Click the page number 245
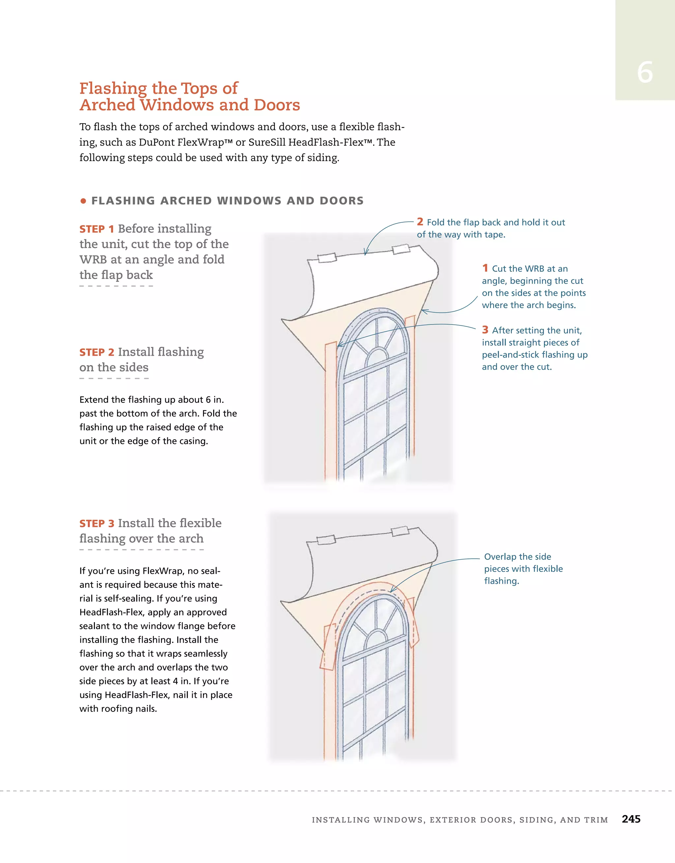631,819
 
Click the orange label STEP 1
97,229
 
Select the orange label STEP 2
97,352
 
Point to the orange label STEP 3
97,524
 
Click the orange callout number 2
420,222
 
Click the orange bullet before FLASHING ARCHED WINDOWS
83,201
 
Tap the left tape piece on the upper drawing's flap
327,258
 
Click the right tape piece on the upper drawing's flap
400,249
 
